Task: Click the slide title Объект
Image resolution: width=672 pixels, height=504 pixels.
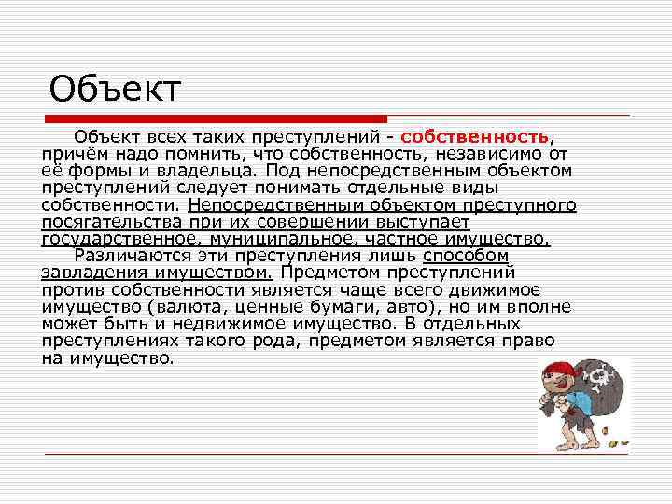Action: [x=115, y=91]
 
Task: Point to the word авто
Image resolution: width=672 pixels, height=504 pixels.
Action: [x=403, y=307]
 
